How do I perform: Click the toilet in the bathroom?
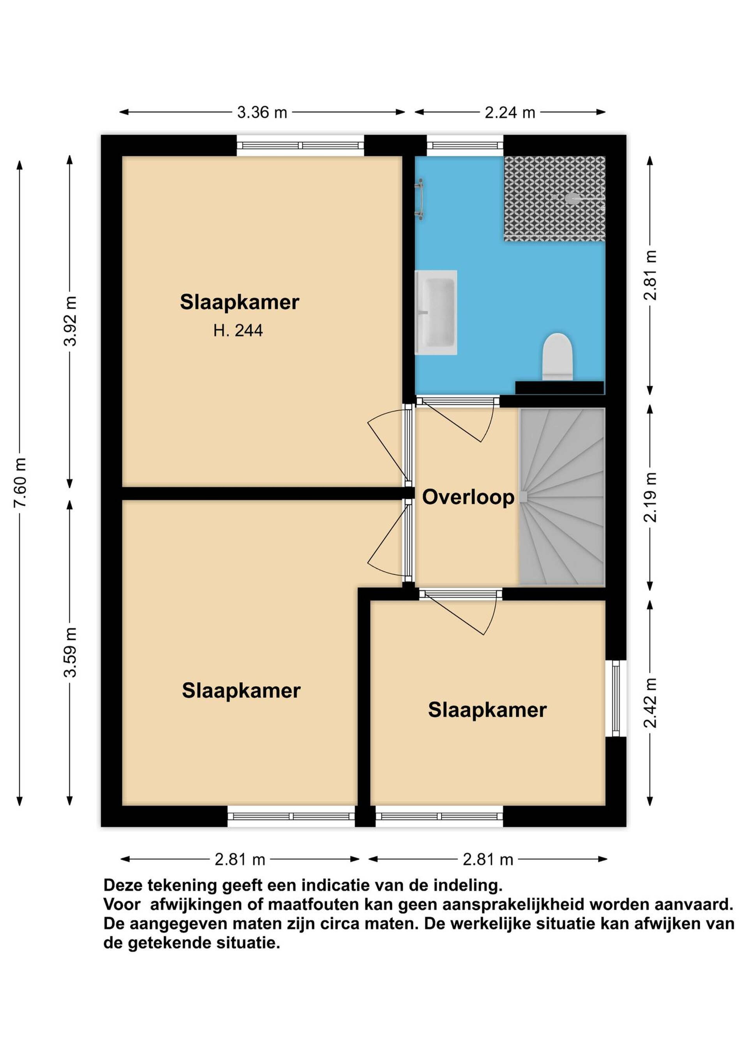(557, 357)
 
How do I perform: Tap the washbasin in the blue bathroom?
(436, 313)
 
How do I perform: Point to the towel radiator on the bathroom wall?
(419, 200)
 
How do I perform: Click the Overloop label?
(468, 497)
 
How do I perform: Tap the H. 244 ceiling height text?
(238, 330)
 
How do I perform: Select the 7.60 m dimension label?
(20, 482)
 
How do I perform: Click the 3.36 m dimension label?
(262, 112)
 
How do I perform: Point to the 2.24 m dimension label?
(510, 112)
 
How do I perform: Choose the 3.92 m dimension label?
(71, 321)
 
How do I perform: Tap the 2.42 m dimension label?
(650, 703)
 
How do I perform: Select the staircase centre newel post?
(523, 497)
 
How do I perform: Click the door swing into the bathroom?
(458, 419)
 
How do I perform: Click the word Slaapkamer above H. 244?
(240, 302)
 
